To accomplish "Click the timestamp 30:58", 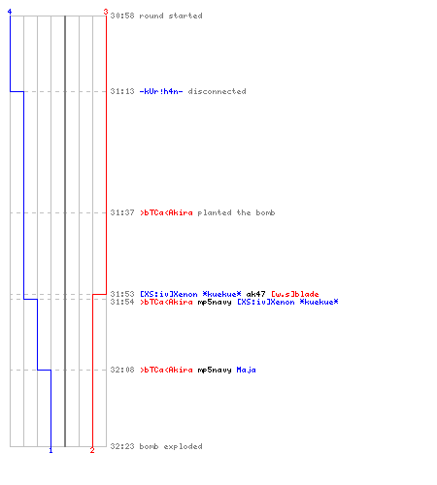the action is click(122, 16).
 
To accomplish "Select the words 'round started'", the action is click(171, 16).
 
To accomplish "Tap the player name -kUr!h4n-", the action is click(161, 91).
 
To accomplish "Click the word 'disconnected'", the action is click(217, 91).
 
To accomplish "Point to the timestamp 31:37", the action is click(122, 212).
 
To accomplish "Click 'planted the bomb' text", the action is click(236, 212).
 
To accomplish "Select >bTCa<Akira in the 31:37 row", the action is click(166, 212).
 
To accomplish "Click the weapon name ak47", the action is click(255, 294).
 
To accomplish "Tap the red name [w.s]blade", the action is click(295, 294).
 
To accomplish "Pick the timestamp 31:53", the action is click(122, 294).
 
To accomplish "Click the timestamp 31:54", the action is click(122, 302).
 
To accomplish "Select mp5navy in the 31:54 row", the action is click(215, 302).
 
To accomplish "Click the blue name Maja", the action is click(246, 370).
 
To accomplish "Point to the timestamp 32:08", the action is click(122, 370).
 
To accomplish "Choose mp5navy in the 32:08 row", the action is click(215, 370).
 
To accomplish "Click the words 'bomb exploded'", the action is click(171, 446).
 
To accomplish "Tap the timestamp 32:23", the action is click(122, 446).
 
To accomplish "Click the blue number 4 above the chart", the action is click(10, 12).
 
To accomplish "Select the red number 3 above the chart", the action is click(106, 12).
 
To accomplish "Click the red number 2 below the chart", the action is click(92, 450).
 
